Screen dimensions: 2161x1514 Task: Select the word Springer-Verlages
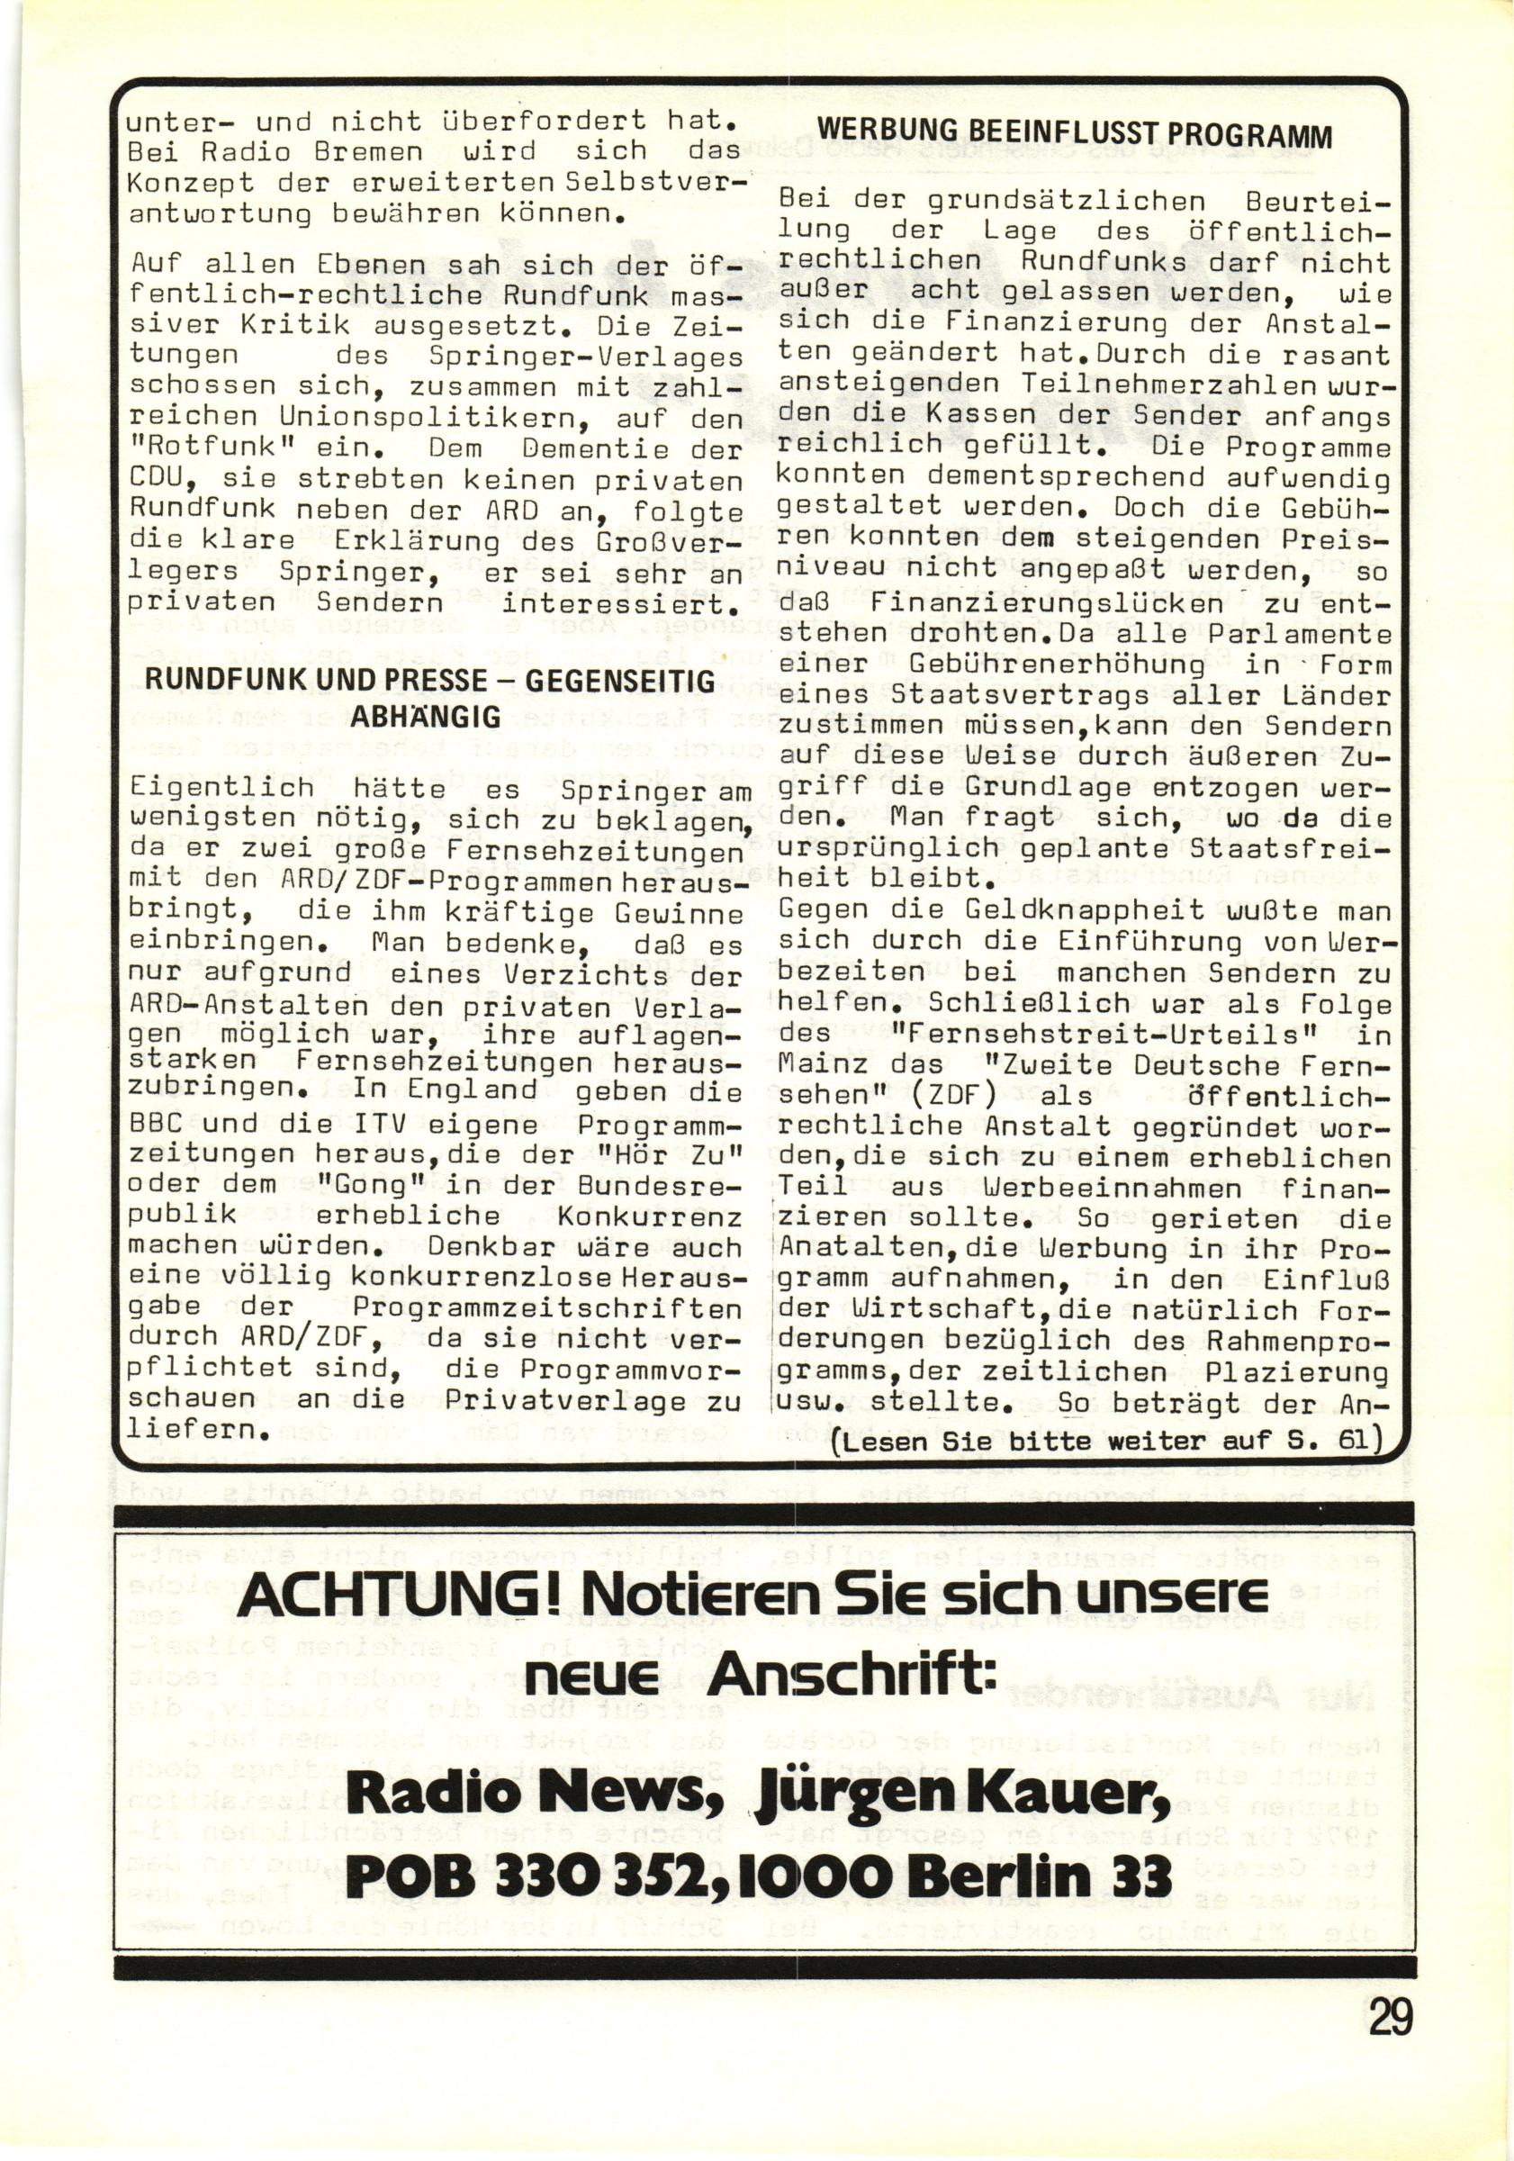coord(585,358)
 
